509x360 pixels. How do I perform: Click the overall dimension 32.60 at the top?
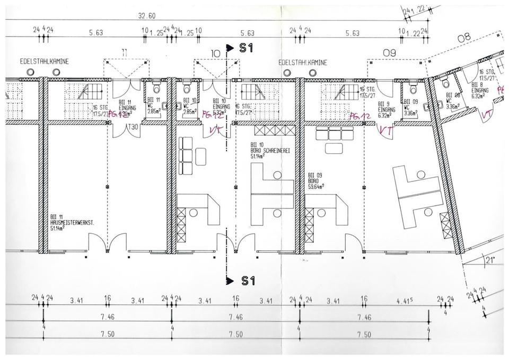tap(147, 16)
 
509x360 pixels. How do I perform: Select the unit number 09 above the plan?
tap(390, 52)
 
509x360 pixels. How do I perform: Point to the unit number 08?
tap(464, 37)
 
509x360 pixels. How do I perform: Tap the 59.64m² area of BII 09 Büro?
tap(317, 186)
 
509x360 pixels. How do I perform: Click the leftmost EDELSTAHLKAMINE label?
tap(37, 62)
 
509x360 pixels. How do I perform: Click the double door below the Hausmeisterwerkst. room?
tap(108, 245)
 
